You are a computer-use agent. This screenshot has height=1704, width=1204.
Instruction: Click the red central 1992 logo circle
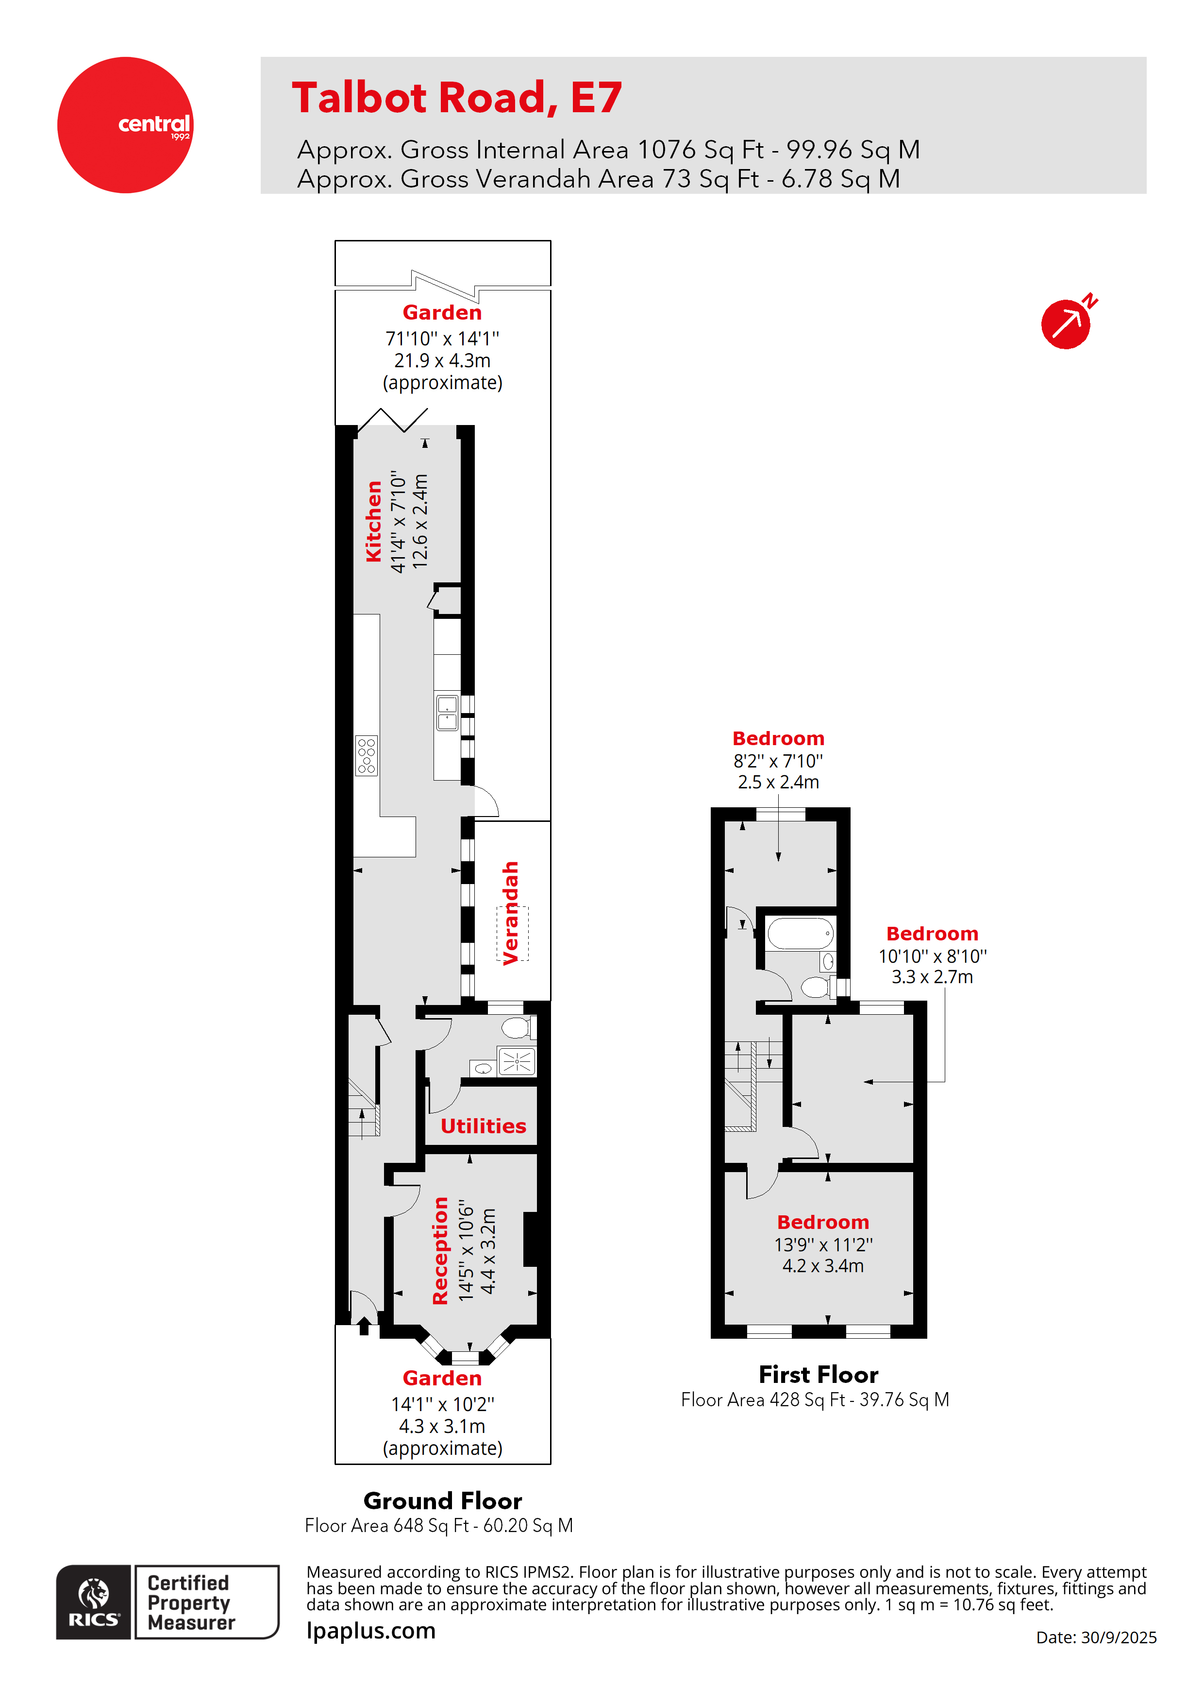[x=125, y=125]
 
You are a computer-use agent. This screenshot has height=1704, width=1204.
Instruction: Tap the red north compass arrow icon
[x=1068, y=322]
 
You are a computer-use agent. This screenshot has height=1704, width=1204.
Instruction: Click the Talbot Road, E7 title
[x=457, y=98]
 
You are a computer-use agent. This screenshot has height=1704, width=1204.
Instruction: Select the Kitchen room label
[x=374, y=521]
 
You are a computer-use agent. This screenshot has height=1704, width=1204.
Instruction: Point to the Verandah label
[x=510, y=913]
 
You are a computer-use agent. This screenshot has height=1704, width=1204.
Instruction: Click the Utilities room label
[x=484, y=1126]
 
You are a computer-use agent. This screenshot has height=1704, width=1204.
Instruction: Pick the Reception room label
[x=441, y=1250]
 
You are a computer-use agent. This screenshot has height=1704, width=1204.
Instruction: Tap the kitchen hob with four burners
[x=367, y=755]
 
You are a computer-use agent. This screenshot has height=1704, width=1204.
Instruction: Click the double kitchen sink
[x=447, y=713]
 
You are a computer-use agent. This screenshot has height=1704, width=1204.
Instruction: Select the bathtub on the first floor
[x=801, y=934]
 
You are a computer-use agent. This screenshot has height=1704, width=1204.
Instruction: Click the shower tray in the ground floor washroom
[x=517, y=1061]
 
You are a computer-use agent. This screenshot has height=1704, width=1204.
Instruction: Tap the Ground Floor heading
[x=443, y=1500]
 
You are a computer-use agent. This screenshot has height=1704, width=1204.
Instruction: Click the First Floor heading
[x=819, y=1375]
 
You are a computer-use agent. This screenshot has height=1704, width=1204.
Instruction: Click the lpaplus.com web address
[x=371, y=1631]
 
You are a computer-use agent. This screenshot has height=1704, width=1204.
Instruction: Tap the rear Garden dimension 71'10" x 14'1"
[x=443, y=339]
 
